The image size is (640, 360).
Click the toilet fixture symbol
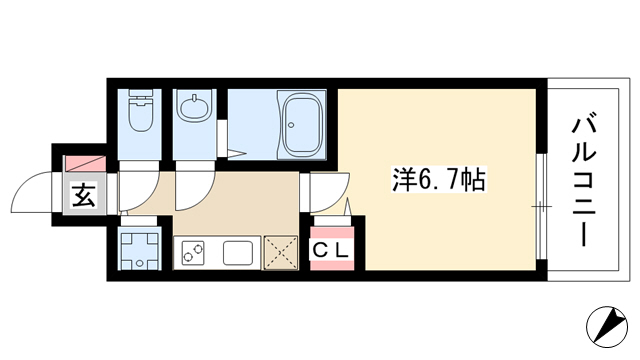coord(140,110)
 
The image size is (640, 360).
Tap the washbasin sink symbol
coord(194,107)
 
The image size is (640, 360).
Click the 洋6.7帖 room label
coord(439,180)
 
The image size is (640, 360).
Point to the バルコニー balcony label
coord(584,182)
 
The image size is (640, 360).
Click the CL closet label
coord(331,250)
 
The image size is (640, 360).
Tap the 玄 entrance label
coord(84,195)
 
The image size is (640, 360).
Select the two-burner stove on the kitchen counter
coord(193,252)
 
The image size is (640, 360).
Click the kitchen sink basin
coord(238,253)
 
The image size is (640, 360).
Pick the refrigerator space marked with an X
coord(281,253)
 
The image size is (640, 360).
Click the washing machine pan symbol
coord(140,250)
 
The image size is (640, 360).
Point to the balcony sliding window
coord(541,207)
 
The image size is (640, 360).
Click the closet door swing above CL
coord(348,207)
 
